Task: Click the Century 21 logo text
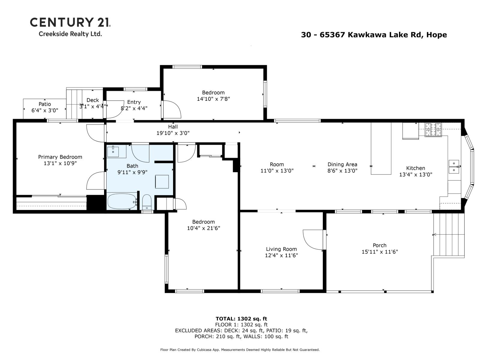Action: click(70, 22)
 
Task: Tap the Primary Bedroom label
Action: click(60, 157)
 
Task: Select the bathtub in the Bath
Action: click(121, 201)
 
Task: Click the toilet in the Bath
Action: click(147, 202)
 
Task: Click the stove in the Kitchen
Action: click(433, 130)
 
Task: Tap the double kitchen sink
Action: click(454, 167)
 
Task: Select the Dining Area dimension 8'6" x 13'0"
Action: click(342, 171)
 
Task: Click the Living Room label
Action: click(281, 249)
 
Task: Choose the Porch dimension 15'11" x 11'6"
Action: click(379, 252)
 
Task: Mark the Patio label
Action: click(45, 104)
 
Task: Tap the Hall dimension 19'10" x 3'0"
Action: click(173, 133)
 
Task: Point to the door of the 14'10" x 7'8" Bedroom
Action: click(172, 109)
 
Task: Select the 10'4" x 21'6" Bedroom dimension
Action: click(203, 228)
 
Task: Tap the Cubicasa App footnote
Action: click(240, 350)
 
